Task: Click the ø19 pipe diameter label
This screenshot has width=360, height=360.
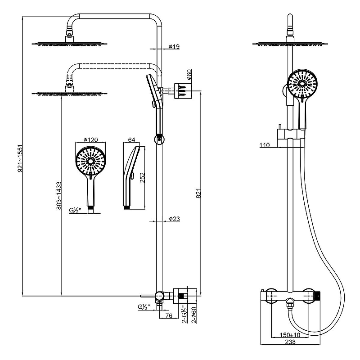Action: point(174,47)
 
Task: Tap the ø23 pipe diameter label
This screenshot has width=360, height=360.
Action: point(174,219)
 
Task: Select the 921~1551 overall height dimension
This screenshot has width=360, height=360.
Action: point(20,158)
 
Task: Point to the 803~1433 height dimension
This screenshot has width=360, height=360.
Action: point(59,196)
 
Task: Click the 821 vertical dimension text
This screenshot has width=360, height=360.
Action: point(199,193)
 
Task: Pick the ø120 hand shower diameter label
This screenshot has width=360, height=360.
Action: point(91,139)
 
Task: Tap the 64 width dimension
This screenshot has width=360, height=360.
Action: point(131,139)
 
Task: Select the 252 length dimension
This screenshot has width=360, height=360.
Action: point(143,178)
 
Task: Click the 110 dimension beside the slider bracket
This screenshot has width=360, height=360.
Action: point(265,145)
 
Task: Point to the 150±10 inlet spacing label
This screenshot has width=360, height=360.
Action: point(290,335)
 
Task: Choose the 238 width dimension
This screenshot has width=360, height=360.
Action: point(290,342)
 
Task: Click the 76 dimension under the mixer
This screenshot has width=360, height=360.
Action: point(169,316)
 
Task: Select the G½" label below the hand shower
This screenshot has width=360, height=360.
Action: point(75,210)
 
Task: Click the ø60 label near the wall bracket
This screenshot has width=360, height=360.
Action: point(189,74)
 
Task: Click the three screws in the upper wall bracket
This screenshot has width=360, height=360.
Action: point(183,91)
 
